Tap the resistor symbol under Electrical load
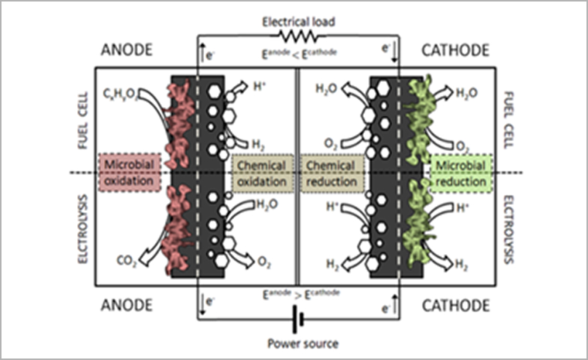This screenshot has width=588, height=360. click(x=297, y=35)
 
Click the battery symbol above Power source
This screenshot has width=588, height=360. click(x=298, y=320)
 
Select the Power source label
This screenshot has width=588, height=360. click(x=298, y=344)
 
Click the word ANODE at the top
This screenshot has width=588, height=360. click(x=127, y=50)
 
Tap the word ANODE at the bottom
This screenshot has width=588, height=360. click(x=127, y=305)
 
